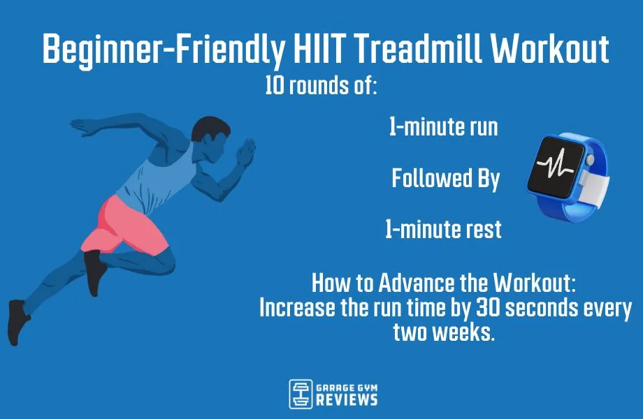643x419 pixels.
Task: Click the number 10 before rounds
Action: click(x=274, y=86)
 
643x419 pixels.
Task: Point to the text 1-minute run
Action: click(x=443, y=128)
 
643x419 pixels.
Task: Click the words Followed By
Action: click(x=445, y=179)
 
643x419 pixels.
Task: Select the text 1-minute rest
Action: click(x=443, y=230)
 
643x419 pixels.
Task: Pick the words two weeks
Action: click(x=443, y=332)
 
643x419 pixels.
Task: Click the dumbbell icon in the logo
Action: click(x=301, y=395)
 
